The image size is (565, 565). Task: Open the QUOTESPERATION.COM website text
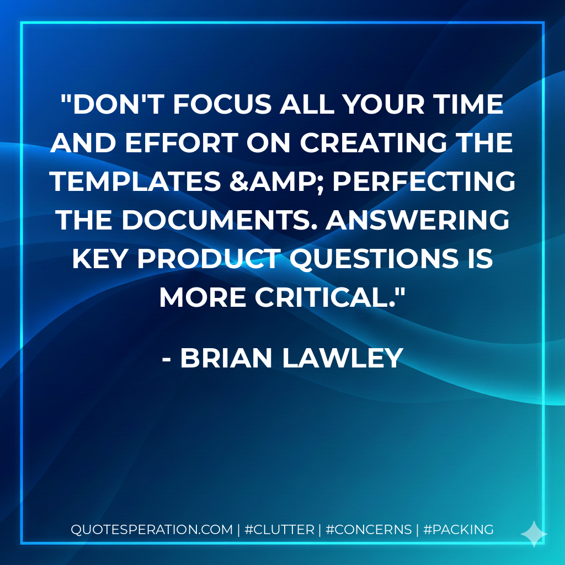tap(152, 530)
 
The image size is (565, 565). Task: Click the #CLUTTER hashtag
tap(279, 530)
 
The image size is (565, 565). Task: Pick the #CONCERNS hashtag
tap(369, 530)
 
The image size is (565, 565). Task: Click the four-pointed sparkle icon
tap(534, 534)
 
